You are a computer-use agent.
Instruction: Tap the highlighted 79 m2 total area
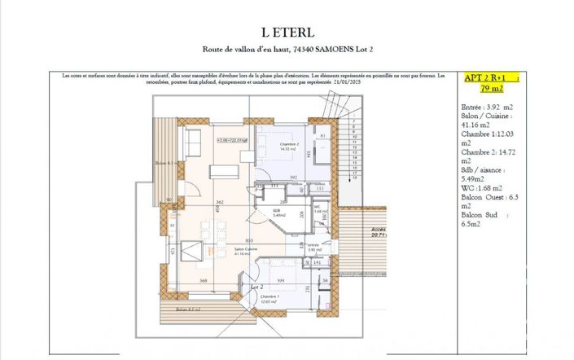click(491, 88)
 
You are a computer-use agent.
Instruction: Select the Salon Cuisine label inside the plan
click(246, 249)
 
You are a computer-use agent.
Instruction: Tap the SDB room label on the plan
click(277, 211)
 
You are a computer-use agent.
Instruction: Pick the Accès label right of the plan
click(379, 230)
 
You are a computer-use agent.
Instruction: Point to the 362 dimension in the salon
click(219, 201)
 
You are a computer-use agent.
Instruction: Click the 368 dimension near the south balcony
click(204, 281)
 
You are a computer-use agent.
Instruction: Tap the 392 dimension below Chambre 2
click(294, 178)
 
